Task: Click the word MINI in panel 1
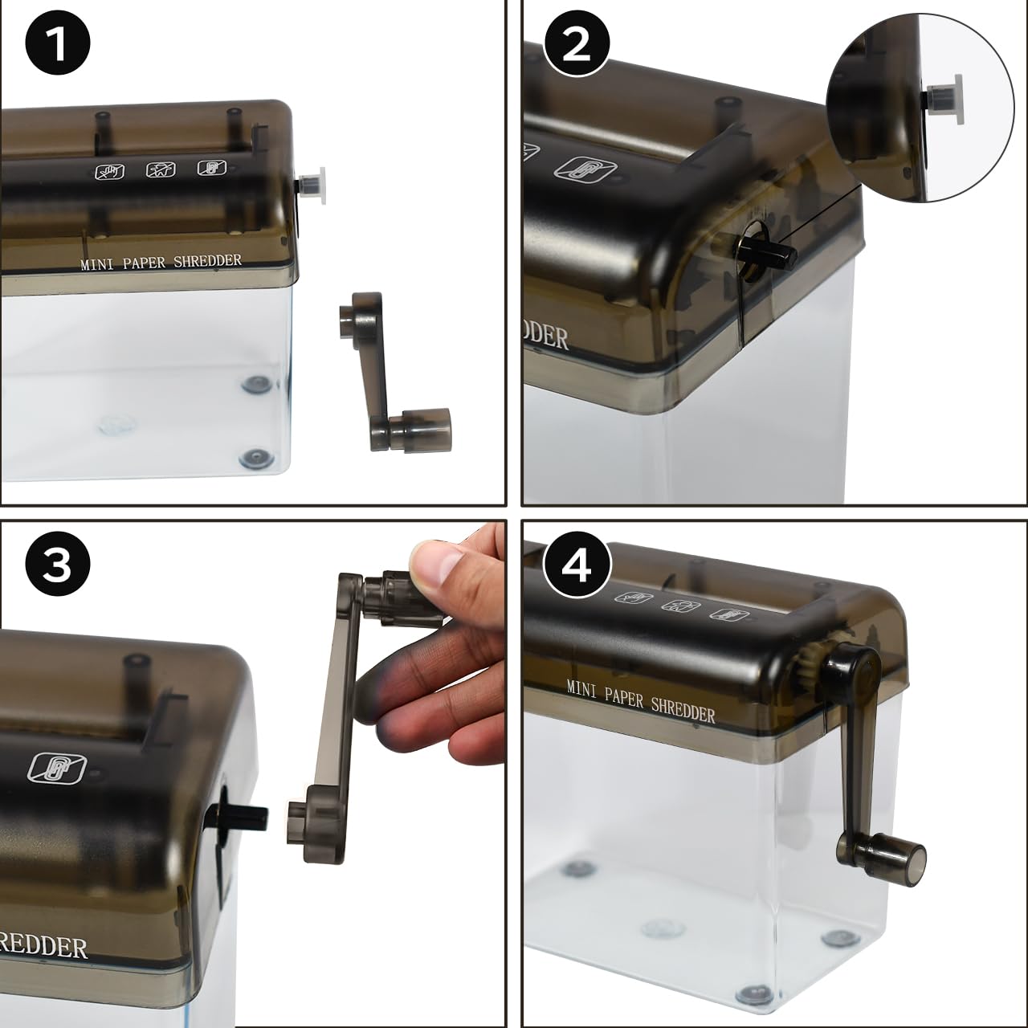click(96, 263)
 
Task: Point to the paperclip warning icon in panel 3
click(57, 767)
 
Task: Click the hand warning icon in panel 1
click(110, 170)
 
